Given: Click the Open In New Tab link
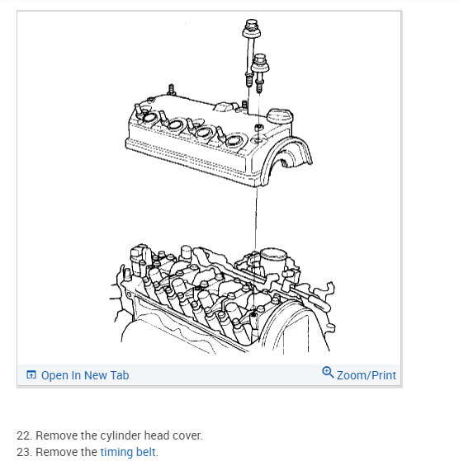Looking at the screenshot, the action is tap(85, 375).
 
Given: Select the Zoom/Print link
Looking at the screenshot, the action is tap(367, 375).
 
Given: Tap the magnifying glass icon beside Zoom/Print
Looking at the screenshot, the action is tap(328, 372).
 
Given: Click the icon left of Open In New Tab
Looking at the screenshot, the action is tap(31, 375).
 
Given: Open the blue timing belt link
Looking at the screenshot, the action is tap(128, 452).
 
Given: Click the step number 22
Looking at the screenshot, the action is tap(24, 435).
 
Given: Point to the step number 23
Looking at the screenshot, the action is tap(24, 452).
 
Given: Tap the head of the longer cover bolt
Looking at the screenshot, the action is tap(252, 29).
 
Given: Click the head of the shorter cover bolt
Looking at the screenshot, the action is tap(260, 64).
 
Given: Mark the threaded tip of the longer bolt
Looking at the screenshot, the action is tap(248, 80).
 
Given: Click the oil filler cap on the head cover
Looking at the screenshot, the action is tap(280, 115).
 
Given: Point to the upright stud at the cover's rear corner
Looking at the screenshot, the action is tap(172, 90).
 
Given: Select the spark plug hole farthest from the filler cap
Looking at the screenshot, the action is tap(149, 118).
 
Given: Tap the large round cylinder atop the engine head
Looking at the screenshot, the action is tap(273, 259).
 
